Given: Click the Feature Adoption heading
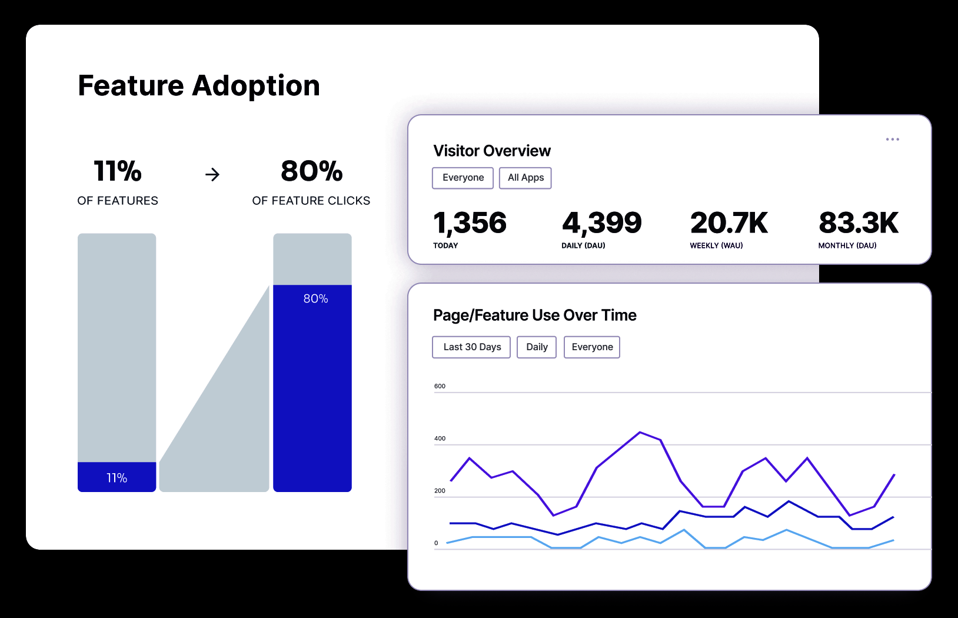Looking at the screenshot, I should [199, 86].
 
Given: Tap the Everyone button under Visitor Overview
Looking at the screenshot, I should [463, 178].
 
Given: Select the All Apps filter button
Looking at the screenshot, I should [525, 178].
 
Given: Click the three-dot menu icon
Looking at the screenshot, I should [892, 139].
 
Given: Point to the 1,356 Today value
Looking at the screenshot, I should [470, 223].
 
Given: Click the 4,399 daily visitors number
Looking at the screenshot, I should [601, 223].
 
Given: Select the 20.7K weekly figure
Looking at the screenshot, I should [729, 223].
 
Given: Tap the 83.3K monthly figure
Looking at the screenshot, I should [859, 223].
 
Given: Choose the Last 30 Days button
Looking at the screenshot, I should [472, 347].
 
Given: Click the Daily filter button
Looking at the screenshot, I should [537, 347].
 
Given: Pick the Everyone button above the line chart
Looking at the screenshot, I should [592, 347].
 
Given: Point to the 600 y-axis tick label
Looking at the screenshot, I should [440, 386].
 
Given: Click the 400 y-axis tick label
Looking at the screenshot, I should [440, 438].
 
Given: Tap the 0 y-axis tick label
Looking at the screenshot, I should [436, 543].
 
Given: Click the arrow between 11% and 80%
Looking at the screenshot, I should [212, 174].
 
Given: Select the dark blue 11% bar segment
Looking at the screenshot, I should [117, 477].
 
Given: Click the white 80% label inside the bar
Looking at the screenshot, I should [315, 299].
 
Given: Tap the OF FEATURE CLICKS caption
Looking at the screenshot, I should [311, 201].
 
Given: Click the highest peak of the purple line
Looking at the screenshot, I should [640, 433].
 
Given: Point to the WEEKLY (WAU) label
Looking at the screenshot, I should [716, 245].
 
